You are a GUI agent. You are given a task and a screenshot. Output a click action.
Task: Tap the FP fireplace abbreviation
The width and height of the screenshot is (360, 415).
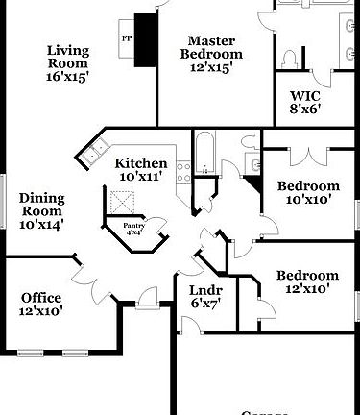click(x=126, y=38)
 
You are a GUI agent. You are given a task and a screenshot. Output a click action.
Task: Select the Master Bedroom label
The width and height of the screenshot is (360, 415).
click(x=212, y=47)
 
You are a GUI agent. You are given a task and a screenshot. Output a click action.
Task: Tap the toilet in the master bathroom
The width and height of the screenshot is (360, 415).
click(x=291, y=59)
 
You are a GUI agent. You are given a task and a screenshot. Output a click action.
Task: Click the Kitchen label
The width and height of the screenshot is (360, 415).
click(x=141, y=163)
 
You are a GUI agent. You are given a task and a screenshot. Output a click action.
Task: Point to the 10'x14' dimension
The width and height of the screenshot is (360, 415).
click(x=42, y=225)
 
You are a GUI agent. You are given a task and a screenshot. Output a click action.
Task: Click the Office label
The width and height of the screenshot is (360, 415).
click(x=40, y=298)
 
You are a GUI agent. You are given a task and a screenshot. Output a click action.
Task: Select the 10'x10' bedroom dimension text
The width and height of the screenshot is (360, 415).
click(x=307, y=200)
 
